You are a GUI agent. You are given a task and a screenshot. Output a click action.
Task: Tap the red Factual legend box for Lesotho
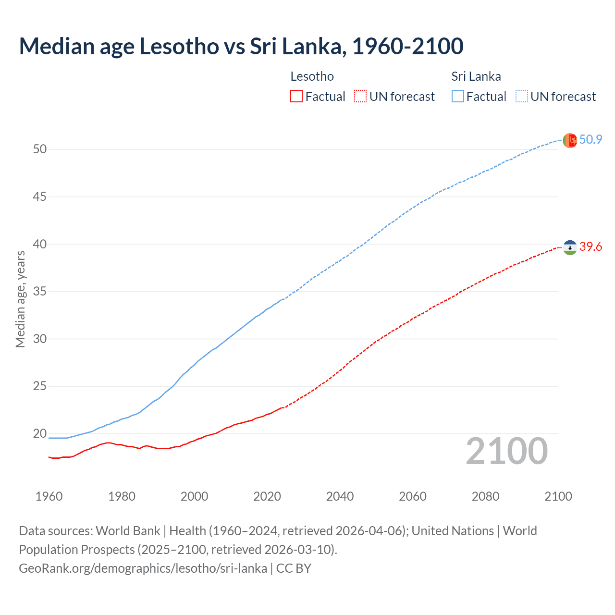click(296, 97)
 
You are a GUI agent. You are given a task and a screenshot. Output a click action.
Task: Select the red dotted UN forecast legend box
click(360, 97)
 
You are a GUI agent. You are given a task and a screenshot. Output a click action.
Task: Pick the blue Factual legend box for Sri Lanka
click(458, 97)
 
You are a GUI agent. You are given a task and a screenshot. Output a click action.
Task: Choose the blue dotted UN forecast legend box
click(521, 97)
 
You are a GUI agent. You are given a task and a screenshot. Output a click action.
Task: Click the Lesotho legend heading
click(312, 76)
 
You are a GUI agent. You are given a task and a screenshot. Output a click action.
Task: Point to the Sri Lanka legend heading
click(476, 76)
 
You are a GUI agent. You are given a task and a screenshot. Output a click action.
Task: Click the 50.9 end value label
click(590, 140)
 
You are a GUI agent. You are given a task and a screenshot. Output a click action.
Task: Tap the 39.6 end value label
click(590, 247)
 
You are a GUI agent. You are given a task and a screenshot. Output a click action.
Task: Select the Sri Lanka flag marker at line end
click(570, 140)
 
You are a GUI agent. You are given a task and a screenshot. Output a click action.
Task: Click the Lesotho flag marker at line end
click(570, 247)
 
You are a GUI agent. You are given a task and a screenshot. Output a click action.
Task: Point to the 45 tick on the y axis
click(40, 197)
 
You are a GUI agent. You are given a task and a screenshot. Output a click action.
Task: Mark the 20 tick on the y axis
click(40, 433)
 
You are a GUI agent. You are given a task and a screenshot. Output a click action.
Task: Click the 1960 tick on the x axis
click(49, 496)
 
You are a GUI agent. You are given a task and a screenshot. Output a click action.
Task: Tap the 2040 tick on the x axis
click(340, 496)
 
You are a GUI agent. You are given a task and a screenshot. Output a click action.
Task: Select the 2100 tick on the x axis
click(558, 496)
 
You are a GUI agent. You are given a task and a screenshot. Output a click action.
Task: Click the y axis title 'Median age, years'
click(20, 299)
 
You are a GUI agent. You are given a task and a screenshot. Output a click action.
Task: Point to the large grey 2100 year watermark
click(507, 451)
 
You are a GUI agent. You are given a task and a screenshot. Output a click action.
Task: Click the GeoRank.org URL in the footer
click(143, 568)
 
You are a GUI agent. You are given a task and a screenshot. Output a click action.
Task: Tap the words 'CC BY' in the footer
click(294, 568)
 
